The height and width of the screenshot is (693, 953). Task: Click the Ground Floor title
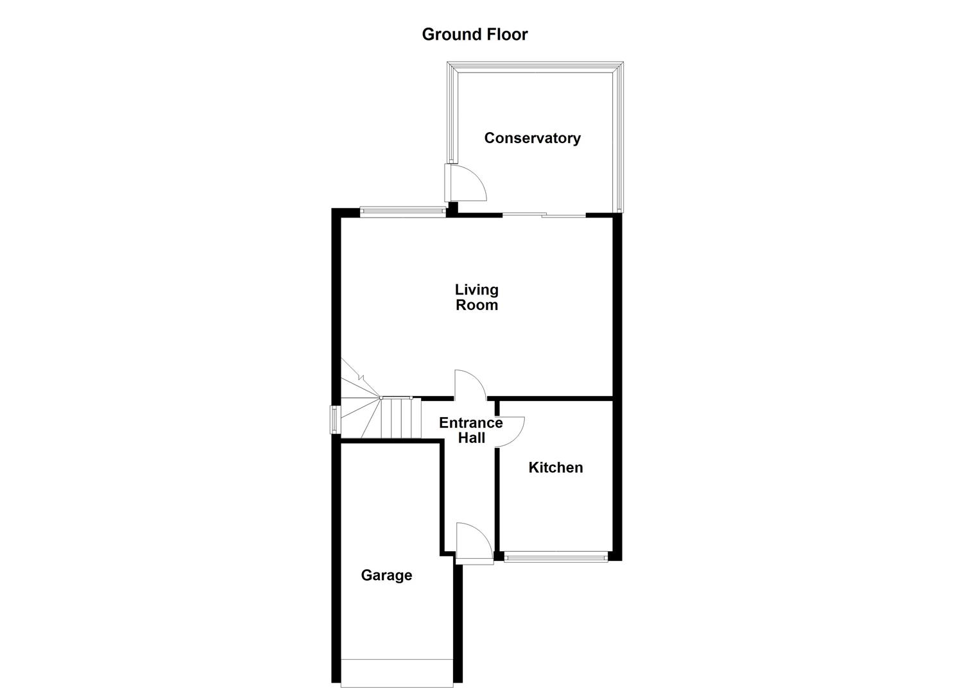click(x=474, y=35)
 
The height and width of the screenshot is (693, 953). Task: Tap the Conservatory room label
click(x=532, y=138)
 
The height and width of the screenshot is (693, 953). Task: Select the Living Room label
click(x=476, y=298)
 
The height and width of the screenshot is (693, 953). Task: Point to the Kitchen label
click(x=555, y=468)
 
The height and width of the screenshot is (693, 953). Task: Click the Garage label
click(x=386, y=576)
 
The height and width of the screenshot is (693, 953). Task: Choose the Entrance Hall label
click(x=471, y=431)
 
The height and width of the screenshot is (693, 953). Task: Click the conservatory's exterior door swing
click(x=466, y=182)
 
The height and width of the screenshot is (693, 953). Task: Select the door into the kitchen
click(x=510, y=431)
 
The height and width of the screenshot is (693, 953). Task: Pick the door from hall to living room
click(x=469, y=385)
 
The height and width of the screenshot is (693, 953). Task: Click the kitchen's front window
click(x=555, y=558)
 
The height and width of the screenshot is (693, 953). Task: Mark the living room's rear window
click(x=402, y=210)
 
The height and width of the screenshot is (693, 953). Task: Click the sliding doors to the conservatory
click(x=544, y=214)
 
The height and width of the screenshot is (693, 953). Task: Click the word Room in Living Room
click(x=476, y=305)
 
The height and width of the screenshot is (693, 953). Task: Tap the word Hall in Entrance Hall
click(x=472, y=438)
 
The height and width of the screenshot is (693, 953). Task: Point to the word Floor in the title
click(x=506, y=35)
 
